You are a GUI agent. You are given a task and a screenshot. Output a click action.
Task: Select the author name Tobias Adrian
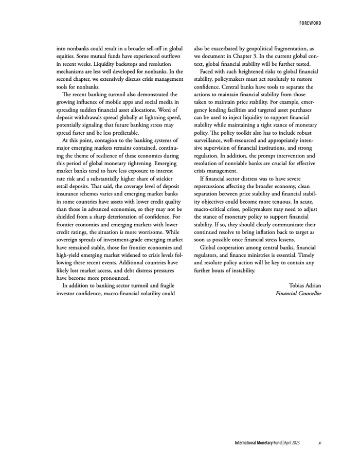click(305, 285)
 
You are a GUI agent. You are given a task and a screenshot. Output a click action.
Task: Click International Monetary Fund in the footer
click(258, 443)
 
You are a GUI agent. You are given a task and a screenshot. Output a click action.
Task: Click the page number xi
click(320, 443)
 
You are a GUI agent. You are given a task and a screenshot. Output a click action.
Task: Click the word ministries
click(265, 255)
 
